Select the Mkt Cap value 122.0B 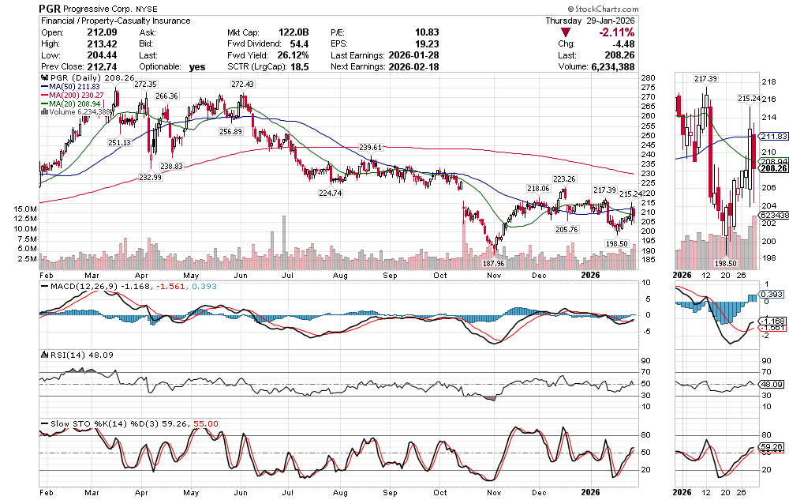pyautogui.click(x=292, y=32)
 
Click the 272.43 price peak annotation pyautogui.click(x=241, y=84)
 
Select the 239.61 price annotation pyautogui.click(x=370, y=148)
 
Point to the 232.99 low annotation pyautogui.click(x=150, y=178)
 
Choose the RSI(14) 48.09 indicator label pyautogui.click(x=79, y=355)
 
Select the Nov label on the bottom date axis pyautogui.click(x=495, y=491)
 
